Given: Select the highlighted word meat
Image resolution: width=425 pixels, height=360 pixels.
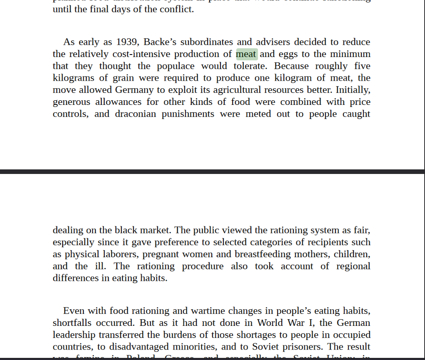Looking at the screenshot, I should pos(246,54).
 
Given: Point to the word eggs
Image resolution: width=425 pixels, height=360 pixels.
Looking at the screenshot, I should pos(287,54).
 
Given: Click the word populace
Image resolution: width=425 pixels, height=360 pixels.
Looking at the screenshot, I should pos(175,66).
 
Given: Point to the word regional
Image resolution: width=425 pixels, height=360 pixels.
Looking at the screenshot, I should pos(353,266).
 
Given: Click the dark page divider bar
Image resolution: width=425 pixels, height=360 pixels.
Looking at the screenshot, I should pos(212,171).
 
